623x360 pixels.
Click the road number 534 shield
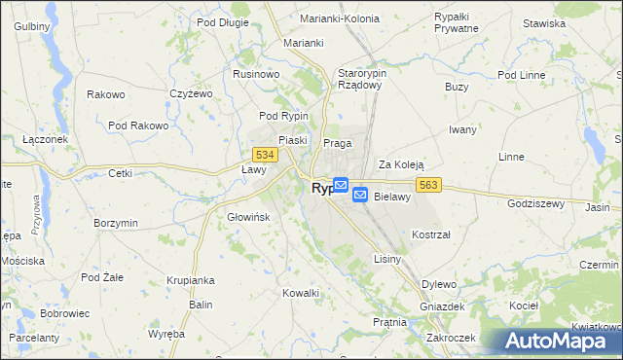[x=263, y=155]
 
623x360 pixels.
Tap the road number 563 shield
[x=432, y=184]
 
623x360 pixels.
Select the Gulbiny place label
[x=31, y=25]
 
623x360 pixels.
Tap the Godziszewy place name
[x=536, y=203]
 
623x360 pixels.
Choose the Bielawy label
[x=393, y=197]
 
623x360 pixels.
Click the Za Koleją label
[x=402, y=164]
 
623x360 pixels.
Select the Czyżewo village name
[x=191, y=93]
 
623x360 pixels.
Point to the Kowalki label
[x=301, y=293]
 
